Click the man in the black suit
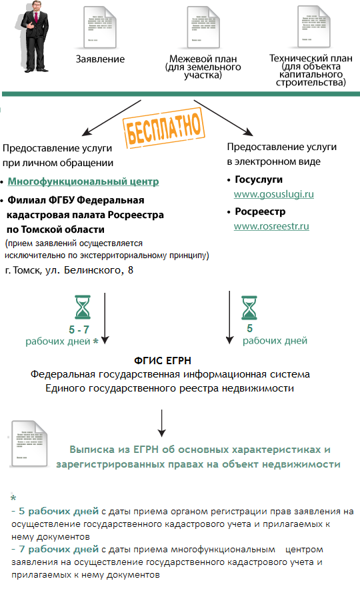35,36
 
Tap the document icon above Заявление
99,27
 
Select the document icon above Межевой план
203,27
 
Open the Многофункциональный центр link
83,181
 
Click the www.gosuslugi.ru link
273,194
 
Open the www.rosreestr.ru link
271,226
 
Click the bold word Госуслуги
259,179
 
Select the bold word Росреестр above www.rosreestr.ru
260,211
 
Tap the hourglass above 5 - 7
82,307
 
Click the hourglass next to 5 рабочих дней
249,308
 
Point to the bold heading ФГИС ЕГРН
163,361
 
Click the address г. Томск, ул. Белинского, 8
69,270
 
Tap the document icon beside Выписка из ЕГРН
29,444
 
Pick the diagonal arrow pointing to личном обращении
111,117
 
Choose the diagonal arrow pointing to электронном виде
223,117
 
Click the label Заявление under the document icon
100,59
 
